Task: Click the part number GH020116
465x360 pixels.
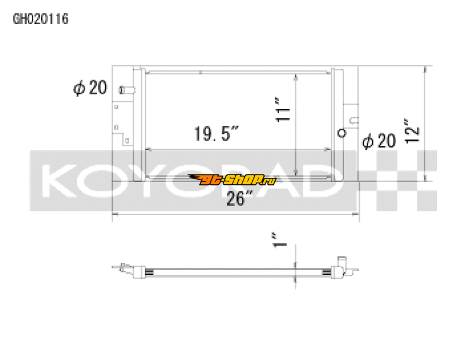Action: coord(41,19)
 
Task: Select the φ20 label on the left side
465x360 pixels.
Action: coord(90,88)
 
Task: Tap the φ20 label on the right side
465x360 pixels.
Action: coord(379,141)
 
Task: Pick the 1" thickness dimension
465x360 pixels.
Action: coord(280,241)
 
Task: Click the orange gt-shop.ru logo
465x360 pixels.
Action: coord(232,180)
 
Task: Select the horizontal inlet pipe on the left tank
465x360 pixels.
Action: coord(126,90)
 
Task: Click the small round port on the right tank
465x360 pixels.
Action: coord(342,132)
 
